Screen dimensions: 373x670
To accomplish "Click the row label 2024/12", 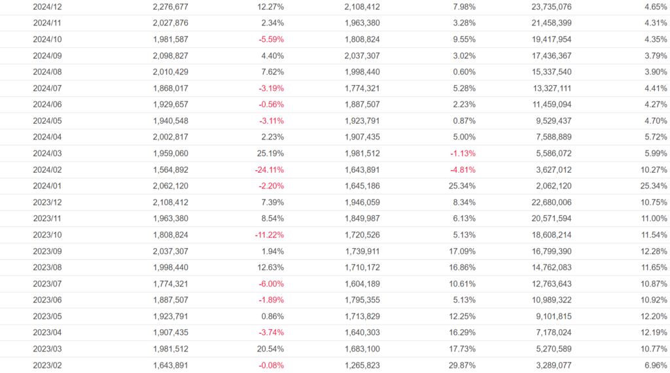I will tap(47, 7).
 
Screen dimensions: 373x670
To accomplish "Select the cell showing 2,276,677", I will tap(170, 7).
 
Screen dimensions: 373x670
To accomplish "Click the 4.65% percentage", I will tap(655, 7).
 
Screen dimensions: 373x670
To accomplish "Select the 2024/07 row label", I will tap(47, 88).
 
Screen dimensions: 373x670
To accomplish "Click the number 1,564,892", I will tap(170, 169).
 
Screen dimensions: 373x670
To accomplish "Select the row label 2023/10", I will tap(47, 235).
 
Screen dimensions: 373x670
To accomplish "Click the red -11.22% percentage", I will tap(267, 235).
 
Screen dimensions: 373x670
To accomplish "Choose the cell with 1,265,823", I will tap(362, 365).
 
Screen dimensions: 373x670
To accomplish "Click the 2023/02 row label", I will tap(47, 365).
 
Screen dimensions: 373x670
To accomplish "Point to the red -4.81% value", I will tap(461, 169).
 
